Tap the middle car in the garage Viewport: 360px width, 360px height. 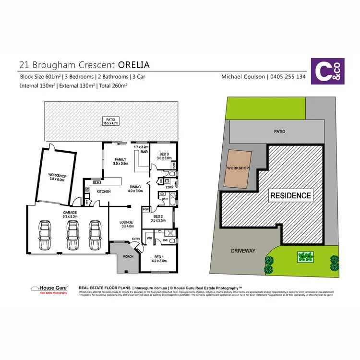[72, 235]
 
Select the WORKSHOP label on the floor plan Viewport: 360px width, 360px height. [57, 176]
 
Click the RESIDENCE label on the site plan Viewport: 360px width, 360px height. [291, 195]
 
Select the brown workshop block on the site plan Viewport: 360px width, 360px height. [238, 168]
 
